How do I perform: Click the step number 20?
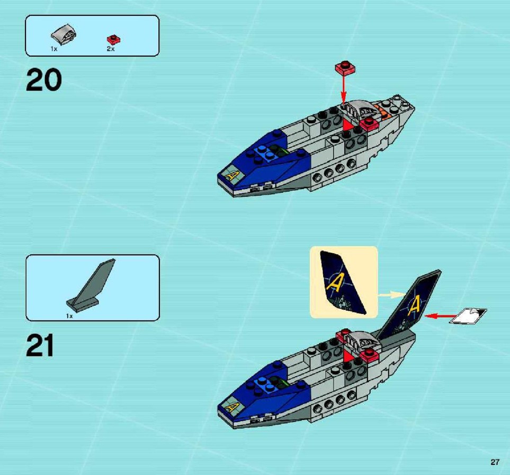[x=43, y=80]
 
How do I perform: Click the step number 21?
[x=40, y=346]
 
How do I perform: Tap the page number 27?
[x=495, y=462]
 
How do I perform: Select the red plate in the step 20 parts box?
[x=113, y=39]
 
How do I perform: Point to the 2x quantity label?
[x=111, y=49]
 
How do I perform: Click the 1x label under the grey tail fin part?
[x=69, y=316]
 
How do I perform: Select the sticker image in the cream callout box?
[x=343, y=283]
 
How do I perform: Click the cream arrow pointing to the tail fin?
[x=392, y=295]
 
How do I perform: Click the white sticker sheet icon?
[x=468, y=316]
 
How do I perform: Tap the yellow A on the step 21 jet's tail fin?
[x=414, y=307]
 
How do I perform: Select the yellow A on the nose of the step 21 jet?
[x=232, y=407]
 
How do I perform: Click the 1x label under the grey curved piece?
[x=54, y=49]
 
